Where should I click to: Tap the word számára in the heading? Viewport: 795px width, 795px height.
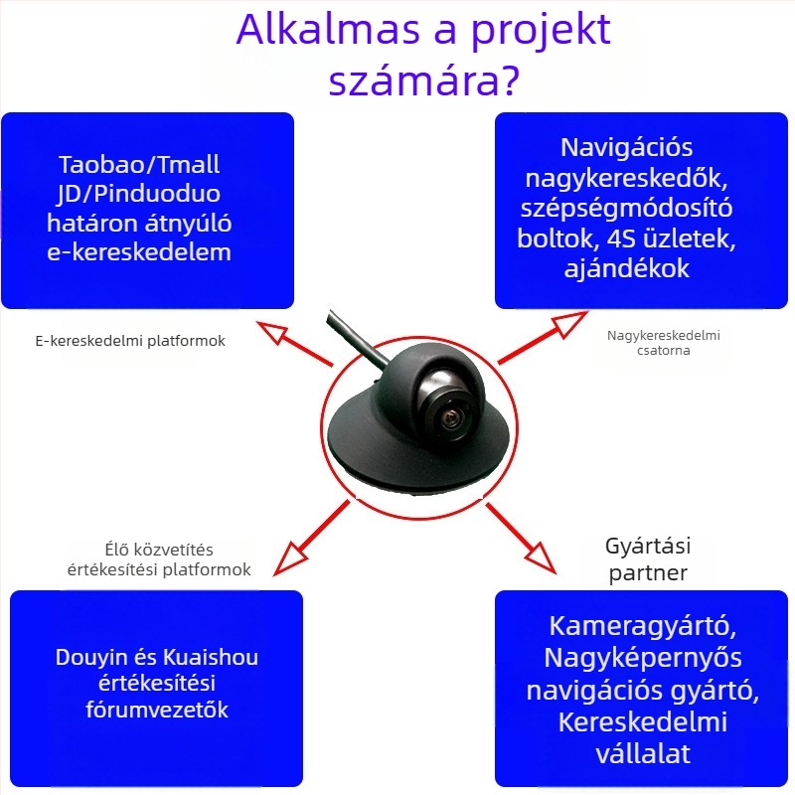pyautogui.click(x=414, y=80)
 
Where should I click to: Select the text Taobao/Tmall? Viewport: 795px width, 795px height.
pyautogui.click(x=139, y=164)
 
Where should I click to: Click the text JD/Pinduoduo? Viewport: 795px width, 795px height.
pyautogui.click(x=139, y=194)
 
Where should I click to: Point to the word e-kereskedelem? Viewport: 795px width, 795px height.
pyautogui.click(x=139, y=252)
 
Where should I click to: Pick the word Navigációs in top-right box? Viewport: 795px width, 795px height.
pyautogui.click(x=627, y=148)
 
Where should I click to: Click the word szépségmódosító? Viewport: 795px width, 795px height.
pyautogui.click(x=627, y=209)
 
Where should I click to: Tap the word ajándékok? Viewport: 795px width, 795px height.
pyautogui.click(x=627, y=267)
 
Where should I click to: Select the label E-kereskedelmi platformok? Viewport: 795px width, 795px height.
pyautogui.click(x=130, y=341)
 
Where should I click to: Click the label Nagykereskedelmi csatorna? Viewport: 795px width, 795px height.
pyautogui.click(x=664, y=343)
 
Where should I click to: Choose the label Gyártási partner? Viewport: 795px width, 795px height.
pyautogui.click(x=648, y=559)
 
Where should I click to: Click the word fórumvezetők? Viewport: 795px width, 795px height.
pyautogui.click(x=157, y=710)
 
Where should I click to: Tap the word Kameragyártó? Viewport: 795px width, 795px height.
pyautogui.click(x=642, y=627)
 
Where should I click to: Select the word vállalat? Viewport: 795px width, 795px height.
pyautogui.click(x=643, y=754)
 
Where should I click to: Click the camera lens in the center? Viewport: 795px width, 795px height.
pyautogui.click(x=451, y=418)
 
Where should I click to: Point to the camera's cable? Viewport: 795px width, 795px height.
pyautogui.click(x=355, y=337)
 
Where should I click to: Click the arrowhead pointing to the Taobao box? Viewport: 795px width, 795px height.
pyautogui.click(x=271, y=332)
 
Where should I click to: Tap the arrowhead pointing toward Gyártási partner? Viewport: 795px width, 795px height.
pyautogui.click(x=541, y=558)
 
